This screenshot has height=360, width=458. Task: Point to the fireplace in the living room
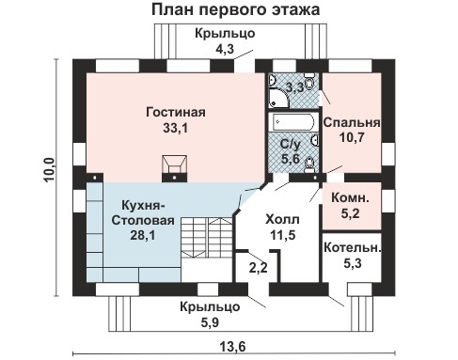[174, 166]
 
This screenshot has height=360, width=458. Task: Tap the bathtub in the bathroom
[293, 123]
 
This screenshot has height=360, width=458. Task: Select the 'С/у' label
[292, 144]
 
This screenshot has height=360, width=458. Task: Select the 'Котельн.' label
[352, 247]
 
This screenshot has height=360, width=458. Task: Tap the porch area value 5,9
[210, 321]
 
